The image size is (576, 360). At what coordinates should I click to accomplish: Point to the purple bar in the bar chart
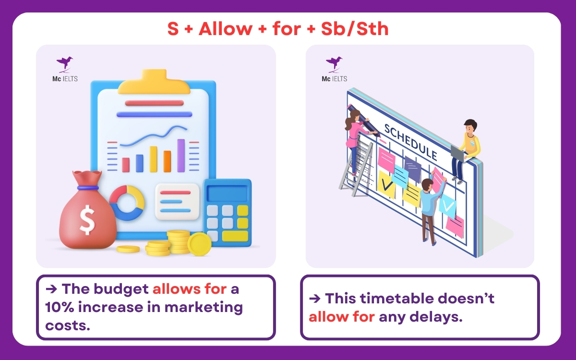[181, 155]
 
